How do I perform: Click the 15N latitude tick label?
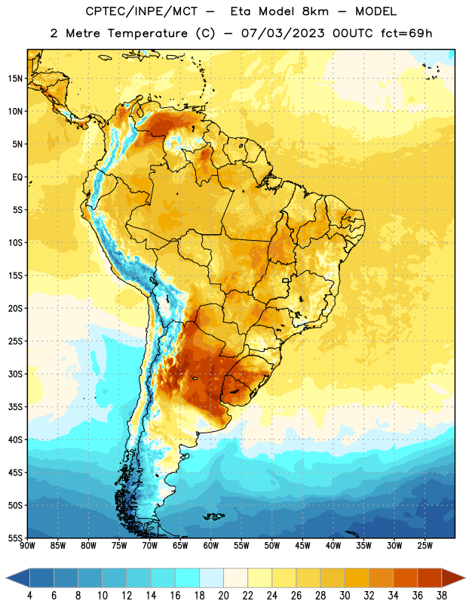(x=15, y=79)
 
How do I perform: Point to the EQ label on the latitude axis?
(x=17, y=177)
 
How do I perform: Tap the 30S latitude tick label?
(x=15, y=374)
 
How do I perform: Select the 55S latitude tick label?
(x=15, y=538)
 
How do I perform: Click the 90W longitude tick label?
(x=27, y=546)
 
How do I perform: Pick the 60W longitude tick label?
(x=211, y=546)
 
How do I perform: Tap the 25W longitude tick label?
(x=425, y=546)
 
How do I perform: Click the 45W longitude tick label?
(x=302, y=546)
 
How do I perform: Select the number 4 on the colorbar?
(x=29, y=596)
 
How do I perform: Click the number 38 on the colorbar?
(x=441, y=596)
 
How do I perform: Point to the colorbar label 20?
(x=223, y=596)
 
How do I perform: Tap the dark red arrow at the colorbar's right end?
(x=453, y=578)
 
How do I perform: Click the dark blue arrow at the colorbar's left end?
(x=17, y=578)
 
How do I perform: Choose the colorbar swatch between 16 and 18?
(x=187, y=578)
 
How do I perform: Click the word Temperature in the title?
(x=147, y=33)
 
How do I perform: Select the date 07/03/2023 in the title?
(x=283, y=33)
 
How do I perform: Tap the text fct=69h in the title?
(x=406, y=33)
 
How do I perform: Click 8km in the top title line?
(x=315, y=11)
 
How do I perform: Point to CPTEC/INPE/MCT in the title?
(x=141, y=11)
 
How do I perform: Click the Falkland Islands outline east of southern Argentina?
(x=213, y=516)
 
